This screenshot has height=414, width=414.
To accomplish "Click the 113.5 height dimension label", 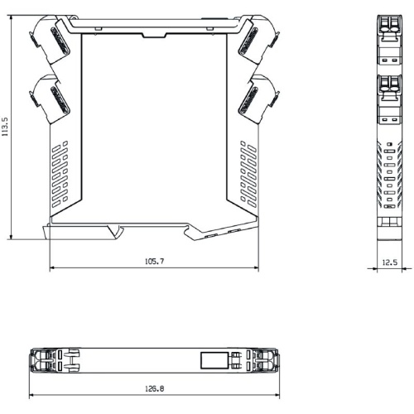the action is click(x=5, y=127).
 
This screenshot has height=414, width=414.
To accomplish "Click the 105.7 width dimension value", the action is click(x=154, y=261).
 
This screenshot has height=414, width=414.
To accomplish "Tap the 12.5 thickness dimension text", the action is click(x=390, y=262).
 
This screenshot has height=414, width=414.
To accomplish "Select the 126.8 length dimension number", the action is click(x=154, y=388).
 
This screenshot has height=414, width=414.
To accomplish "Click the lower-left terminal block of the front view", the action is click(x=50, y=99).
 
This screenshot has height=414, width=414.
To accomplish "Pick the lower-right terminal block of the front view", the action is click(x=259, y=99).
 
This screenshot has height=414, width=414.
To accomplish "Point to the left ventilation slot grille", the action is click(x=60, y=174).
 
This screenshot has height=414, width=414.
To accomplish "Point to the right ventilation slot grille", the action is click(x=248, y=174).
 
